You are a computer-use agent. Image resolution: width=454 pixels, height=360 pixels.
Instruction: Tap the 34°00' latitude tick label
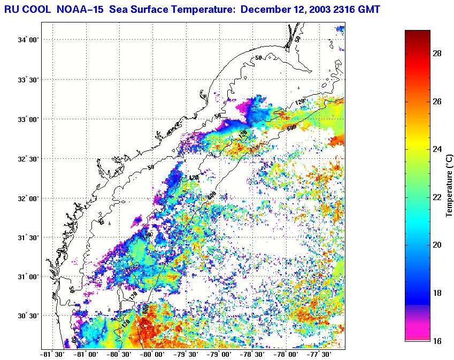click(x=27, y=40)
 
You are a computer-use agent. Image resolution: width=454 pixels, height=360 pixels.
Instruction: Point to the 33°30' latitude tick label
click(x=27, y=80)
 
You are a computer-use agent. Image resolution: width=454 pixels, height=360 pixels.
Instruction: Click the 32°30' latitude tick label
click(x=27, y=159)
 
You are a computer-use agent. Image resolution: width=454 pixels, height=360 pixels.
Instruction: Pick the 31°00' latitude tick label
click(x=27, y=277)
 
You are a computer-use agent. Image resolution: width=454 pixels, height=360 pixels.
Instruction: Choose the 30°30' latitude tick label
click(x=27, y=316)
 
